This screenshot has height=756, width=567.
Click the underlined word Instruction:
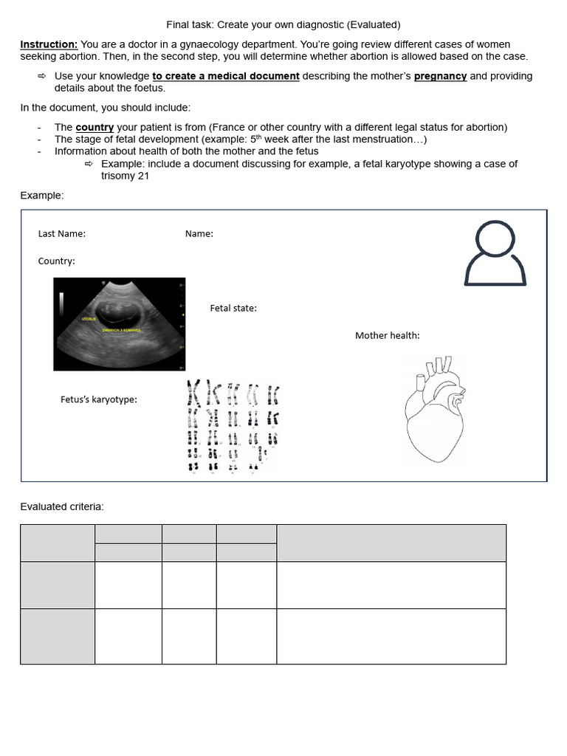pos(49,44)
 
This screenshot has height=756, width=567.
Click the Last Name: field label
pos(62,234)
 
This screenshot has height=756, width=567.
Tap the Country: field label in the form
pos(56,261)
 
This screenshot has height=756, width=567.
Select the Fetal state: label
pos(233,309)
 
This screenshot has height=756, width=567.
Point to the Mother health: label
pos(387,335)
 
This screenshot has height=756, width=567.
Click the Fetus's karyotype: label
pos(98,399)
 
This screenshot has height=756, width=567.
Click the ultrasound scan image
pos(119,323)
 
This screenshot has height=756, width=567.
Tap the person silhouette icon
pos(495,254)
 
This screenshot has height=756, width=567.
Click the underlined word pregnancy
pos(440,76)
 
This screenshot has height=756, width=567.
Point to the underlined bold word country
pos(94,127)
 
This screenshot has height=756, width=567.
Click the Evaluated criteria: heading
pos(62,506)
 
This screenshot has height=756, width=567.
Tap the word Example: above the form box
pos(42,195)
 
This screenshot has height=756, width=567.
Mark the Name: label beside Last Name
pos(199,234)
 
